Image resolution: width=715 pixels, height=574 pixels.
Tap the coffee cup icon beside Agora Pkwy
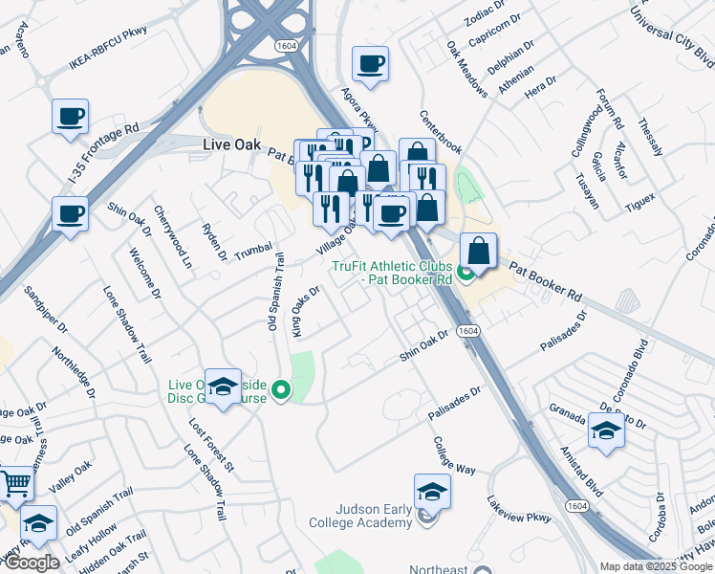tap(370, 65)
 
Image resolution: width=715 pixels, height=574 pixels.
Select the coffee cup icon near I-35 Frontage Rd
tap(71, 118)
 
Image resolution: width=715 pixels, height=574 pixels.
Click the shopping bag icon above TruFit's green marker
tap(478, 251)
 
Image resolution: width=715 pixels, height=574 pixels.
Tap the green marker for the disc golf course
tap(281, 389)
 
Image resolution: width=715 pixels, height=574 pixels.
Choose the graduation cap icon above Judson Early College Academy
tap(432, 492)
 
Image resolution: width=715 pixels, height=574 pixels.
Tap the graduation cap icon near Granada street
tap(606, 431)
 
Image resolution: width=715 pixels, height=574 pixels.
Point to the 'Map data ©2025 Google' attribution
tap(656, 566)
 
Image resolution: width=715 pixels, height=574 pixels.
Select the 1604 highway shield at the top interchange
tap(284, 44)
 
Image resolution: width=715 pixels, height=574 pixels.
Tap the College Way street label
tap(454, 456)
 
